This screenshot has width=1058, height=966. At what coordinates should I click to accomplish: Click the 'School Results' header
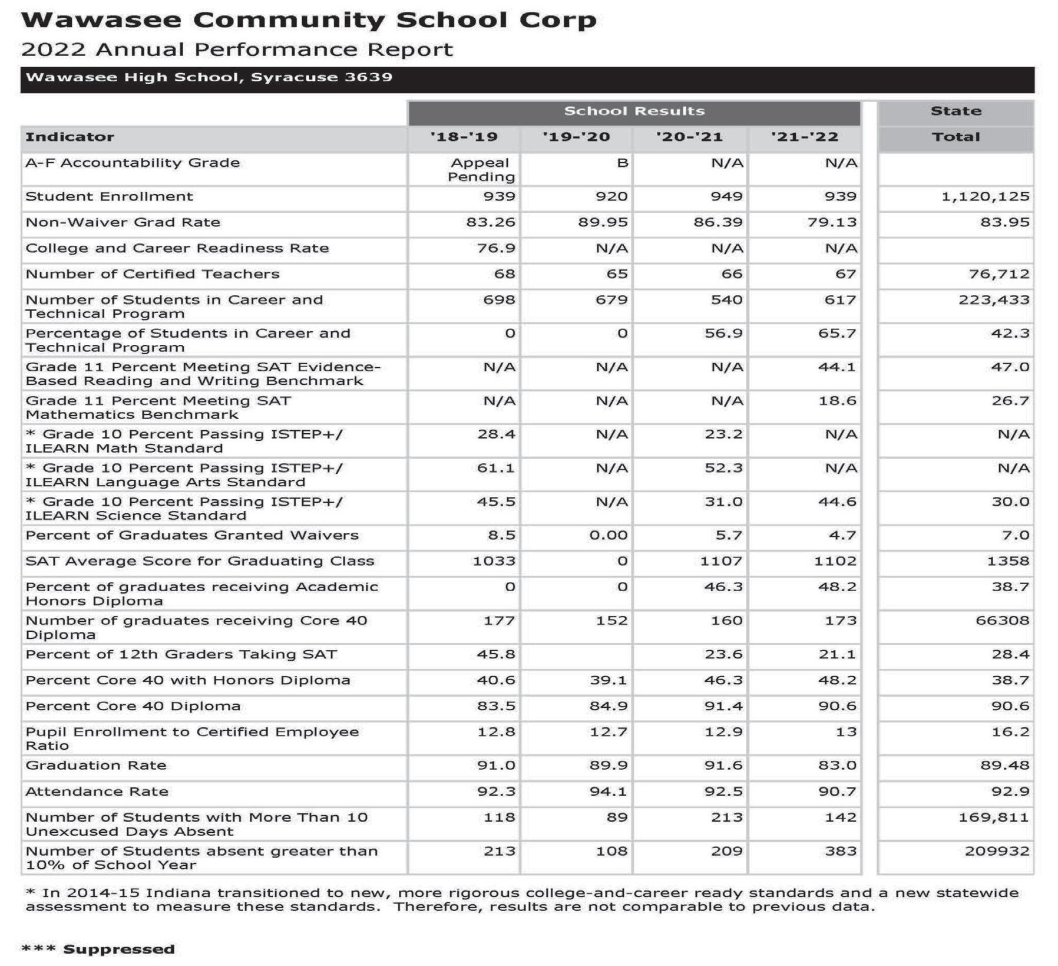coord(634,111)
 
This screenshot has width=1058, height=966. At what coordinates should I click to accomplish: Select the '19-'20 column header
coord(576,137)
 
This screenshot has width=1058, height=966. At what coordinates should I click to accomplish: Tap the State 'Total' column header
coord(955,137)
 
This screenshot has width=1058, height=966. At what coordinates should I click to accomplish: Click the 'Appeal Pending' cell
coord(481,170)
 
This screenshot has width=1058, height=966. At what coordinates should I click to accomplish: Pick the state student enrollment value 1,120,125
coord(985,197)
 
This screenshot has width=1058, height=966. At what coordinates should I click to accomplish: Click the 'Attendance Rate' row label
coord(97,792)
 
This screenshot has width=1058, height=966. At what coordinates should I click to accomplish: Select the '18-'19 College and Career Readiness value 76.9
coord(496,248)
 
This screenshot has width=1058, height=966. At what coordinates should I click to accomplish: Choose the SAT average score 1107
coord(721,561)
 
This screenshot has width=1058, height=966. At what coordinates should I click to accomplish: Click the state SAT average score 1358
coord(1008,561)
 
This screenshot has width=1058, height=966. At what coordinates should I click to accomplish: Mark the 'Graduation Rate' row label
coord(96,766)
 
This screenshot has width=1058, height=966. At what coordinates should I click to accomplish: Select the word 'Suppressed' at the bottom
coord(119,949)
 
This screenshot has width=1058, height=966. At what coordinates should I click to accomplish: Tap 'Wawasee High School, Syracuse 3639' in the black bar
coord(209,78)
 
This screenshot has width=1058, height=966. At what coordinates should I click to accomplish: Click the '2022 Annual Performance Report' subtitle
coord(237,50)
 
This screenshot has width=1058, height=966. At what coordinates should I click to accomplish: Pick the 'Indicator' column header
coord(70,137)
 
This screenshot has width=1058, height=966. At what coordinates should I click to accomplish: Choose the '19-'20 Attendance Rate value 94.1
coord(609,792)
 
